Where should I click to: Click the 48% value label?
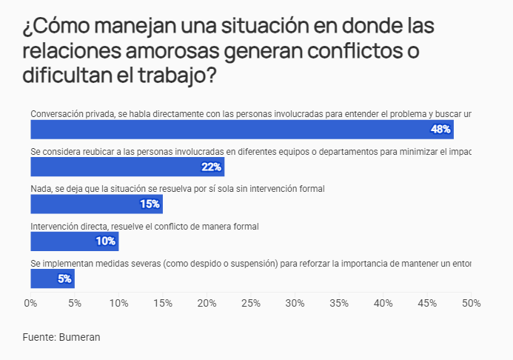[440, 130]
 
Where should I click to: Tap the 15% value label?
[150, 204]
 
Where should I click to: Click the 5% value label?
[64, 279]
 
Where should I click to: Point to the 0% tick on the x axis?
[31, 303]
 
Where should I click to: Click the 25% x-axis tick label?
[251, 303]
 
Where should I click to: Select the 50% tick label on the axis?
[471, 303]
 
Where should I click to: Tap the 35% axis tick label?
[339, 303]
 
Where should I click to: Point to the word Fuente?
[39, 337]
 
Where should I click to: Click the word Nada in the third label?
[41, 188]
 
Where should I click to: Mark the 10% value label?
[106, 241]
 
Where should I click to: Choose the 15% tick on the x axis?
[163, 303]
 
